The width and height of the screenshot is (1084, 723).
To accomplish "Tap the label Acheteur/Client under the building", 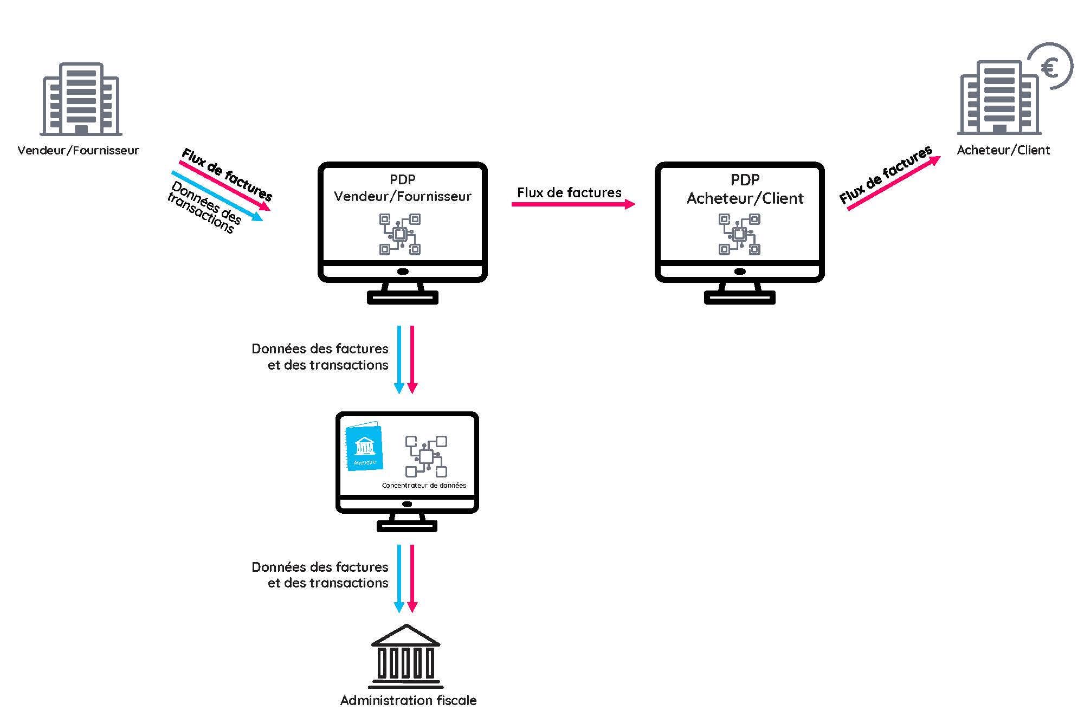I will [x=1003, y=150].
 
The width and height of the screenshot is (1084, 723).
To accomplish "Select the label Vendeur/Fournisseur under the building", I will [x=79, y=150].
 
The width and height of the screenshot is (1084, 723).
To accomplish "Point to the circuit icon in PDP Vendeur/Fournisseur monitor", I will [x=400, y=234].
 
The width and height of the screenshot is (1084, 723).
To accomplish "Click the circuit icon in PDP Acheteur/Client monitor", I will [x=739, y=234].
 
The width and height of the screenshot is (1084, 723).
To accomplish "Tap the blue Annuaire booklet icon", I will [x=364, y=446].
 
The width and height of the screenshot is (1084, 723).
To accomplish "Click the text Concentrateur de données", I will [x=424, y=486].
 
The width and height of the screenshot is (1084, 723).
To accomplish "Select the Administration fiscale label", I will [x=408, y=700].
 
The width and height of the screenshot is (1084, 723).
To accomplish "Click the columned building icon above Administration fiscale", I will [x=406, y=656].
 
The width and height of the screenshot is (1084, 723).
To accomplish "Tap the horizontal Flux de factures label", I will [x=569, y=192].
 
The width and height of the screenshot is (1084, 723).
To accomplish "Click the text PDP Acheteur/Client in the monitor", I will [x=745, y=190].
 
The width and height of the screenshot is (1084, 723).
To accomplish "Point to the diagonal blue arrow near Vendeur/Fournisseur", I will [x=217, y=196].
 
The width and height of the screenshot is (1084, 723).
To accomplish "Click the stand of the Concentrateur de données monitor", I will [x=406, y=522].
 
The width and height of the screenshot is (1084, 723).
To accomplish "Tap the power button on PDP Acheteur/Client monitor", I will [x=739, y=272].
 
